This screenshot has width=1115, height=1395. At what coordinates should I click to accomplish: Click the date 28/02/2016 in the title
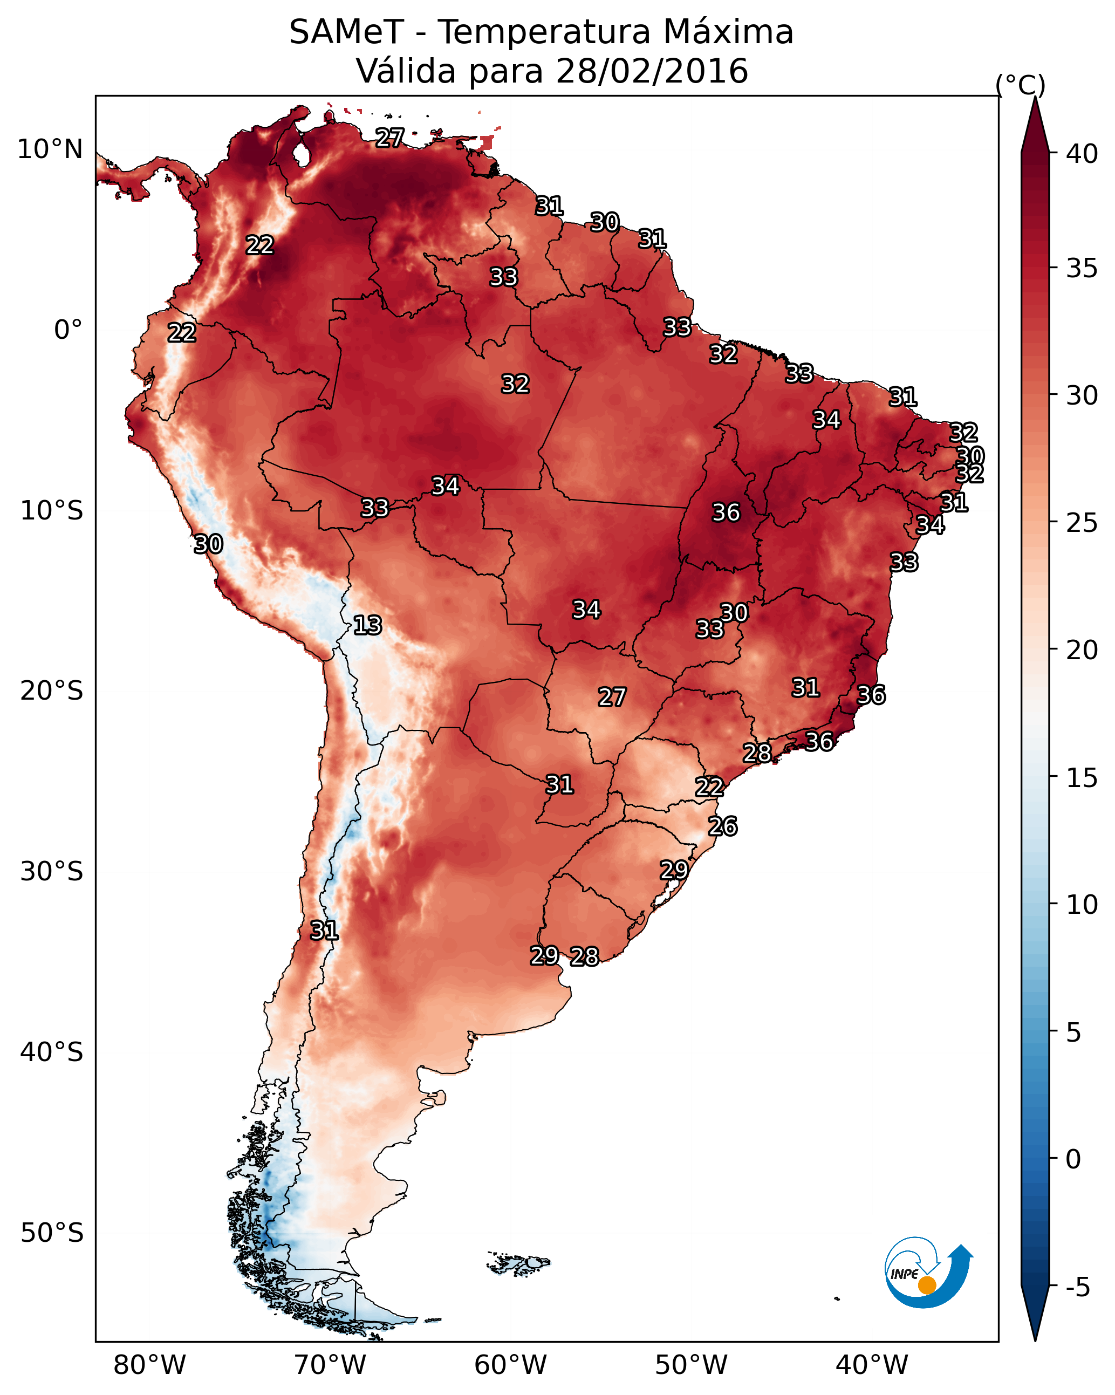652,71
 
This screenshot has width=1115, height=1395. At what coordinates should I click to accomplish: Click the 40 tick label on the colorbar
1082,154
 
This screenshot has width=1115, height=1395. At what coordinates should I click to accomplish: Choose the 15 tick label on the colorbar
1082,778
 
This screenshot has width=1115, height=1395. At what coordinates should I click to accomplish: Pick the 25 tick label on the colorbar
1082,523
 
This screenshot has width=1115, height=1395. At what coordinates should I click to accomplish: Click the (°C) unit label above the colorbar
1021,85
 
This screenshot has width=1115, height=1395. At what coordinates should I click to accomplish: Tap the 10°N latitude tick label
50,149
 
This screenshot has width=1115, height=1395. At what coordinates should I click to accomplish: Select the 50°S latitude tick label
52,1233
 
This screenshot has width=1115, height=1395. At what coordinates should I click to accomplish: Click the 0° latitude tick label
69,330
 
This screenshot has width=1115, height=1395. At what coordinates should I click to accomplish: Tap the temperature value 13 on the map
367,625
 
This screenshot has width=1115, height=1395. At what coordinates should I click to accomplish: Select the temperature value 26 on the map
723,826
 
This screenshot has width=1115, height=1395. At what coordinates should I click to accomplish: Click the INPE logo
929,1272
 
